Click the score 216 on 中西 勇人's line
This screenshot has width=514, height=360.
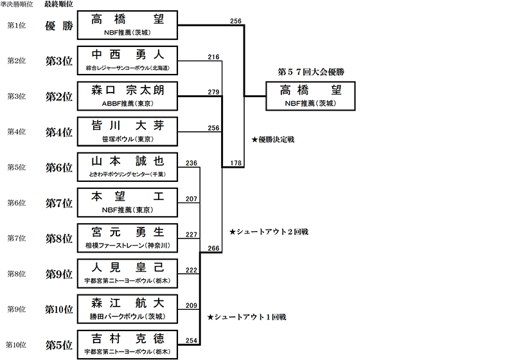click(214, 57)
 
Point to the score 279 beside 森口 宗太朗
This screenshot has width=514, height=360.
click(214, 93)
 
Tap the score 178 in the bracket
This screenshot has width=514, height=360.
click(236, 163)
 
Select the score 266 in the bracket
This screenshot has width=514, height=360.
click(214, 248)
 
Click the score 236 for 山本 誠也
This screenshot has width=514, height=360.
click(191, 163)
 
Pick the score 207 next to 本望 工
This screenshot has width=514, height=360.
click(191, 199)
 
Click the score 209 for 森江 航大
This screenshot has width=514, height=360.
click(191, 305)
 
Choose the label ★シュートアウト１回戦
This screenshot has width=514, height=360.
click(247, 318)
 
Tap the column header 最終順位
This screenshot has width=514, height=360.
click(58, 4)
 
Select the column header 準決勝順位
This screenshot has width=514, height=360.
click(17, 4)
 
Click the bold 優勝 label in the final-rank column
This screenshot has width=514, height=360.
click(58, 26)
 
